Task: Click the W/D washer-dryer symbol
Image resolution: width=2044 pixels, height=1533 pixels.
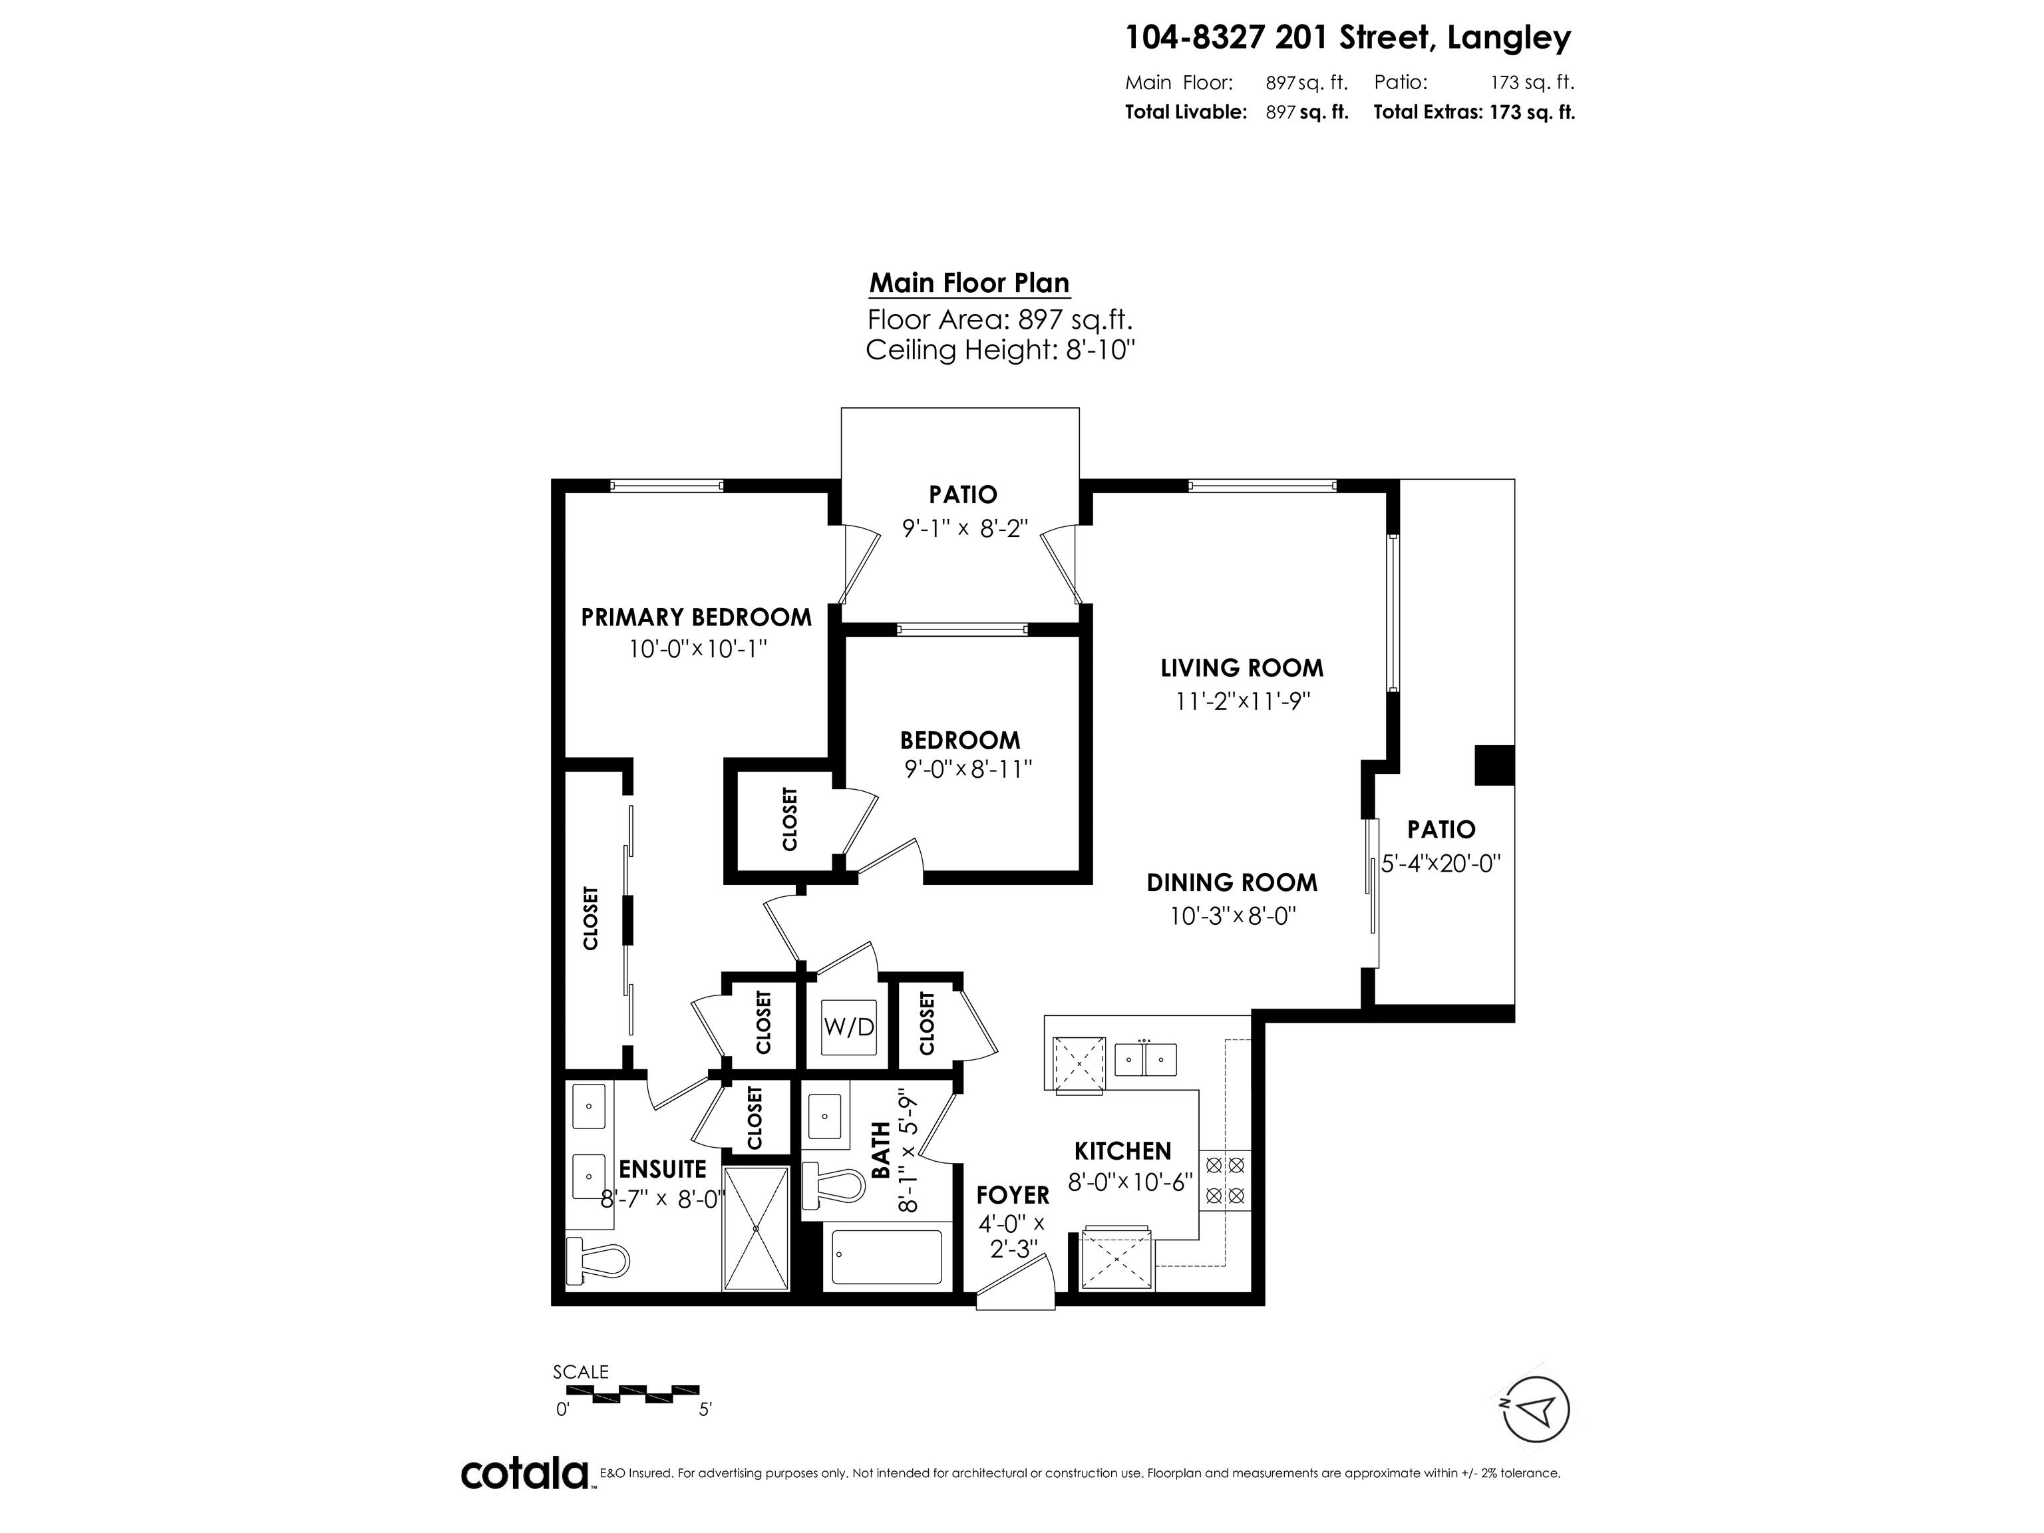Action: tap(848, 1027)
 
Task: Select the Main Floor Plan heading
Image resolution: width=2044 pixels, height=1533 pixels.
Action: tap(969, 283)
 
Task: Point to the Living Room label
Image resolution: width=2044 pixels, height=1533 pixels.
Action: tap(1241, 668)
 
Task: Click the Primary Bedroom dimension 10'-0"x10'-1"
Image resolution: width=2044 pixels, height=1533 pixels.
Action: tap(698, 649)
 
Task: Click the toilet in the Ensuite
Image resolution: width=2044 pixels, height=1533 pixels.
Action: tap(599, 1260)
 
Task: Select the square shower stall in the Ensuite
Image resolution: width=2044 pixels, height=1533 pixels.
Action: tap(756, 1228)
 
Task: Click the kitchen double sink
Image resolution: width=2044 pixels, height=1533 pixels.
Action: tap(1145, 1059)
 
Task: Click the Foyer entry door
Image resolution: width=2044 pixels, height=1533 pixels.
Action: tap(1015, 1287)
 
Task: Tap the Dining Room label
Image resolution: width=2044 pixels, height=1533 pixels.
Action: tap(1232, 882)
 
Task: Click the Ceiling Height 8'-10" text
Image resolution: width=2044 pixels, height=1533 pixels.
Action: tap(1000, 350)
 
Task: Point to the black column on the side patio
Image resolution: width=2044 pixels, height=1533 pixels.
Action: tap(1493, 765)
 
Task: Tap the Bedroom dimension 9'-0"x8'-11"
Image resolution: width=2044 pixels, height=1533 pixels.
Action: tap(967, 768)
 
